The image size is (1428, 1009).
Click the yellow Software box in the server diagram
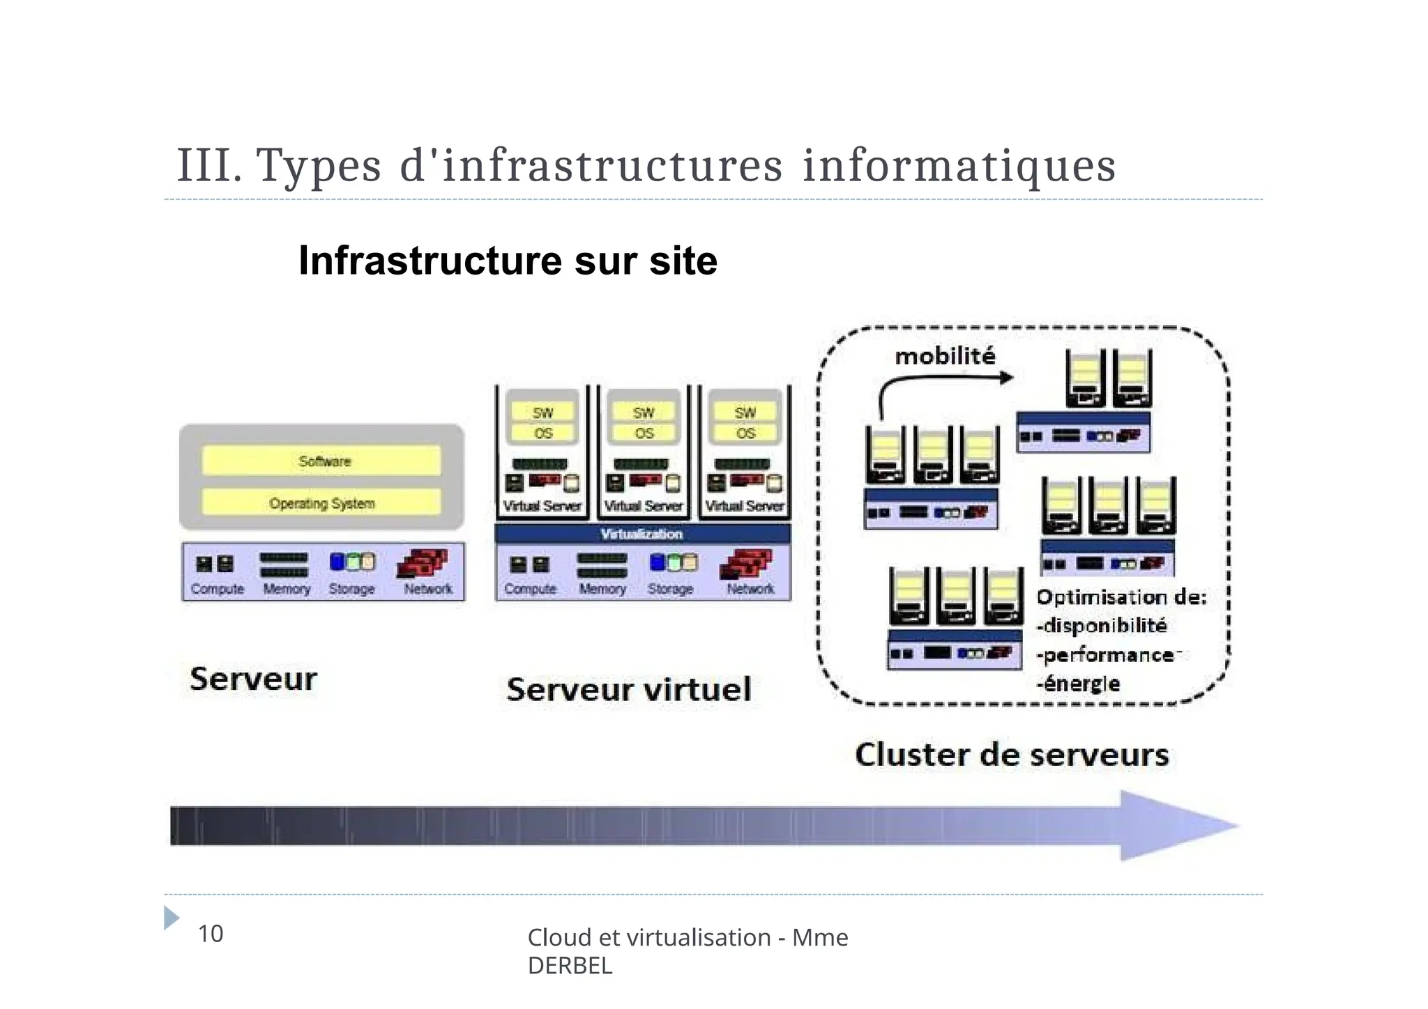point(321,461)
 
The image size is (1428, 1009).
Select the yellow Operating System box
point(321,503)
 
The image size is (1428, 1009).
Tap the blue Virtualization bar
point(642,534)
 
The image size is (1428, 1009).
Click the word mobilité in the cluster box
point(945,357)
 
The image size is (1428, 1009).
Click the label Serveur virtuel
point(629,690)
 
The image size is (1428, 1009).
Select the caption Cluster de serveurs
point(1012,755)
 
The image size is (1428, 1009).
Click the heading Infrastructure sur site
point(508,261)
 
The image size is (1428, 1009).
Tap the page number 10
point(211,934)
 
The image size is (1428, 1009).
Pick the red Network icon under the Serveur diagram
point(423,563)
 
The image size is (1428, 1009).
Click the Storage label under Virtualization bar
point(670,590)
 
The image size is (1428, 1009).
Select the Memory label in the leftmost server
point(286,590)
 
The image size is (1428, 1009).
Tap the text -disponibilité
point(1102,626)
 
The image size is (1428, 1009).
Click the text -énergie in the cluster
point(1079,684)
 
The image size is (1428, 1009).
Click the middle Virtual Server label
point(643,507)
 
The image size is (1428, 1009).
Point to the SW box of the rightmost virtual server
point(745,413)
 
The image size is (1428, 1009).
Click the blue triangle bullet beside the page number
point(171,918)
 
